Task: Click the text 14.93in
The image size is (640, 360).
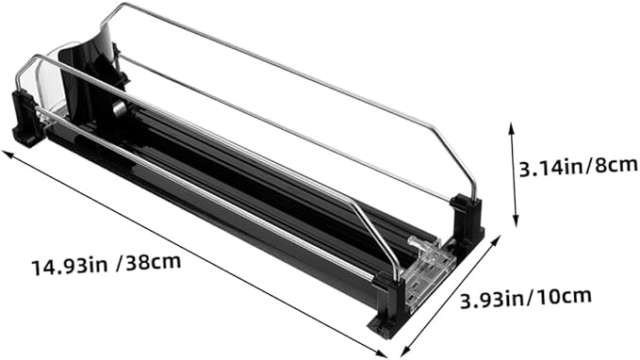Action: click(x=70, y=267)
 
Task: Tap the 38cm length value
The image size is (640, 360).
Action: click(x=154, y=262)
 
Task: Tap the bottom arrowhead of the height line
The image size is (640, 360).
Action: click(x=516, y=222)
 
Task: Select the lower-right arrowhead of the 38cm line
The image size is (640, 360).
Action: click(x=382, y=353)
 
